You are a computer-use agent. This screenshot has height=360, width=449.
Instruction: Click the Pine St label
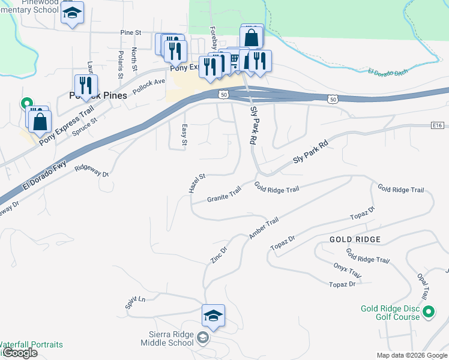[x=130, y=32]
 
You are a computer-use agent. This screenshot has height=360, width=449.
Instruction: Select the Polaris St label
[x=120, y=64]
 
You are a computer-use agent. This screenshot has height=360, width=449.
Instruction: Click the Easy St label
[x=184, y=134]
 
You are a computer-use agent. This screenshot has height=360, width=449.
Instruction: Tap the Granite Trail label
[x=224, y=194]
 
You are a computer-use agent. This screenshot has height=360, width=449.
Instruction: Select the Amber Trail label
[x=264, y=229]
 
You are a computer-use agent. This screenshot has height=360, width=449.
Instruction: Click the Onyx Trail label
[x=347, y=271]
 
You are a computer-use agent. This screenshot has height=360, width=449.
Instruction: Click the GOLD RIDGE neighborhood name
[x=355, y=239]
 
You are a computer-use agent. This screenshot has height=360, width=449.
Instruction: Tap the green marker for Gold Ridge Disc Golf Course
[x=428, y=312]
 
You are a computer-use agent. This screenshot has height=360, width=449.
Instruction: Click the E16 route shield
[x=437, y=125]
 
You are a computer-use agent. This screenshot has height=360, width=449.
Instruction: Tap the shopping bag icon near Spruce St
[x=40, y=121]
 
